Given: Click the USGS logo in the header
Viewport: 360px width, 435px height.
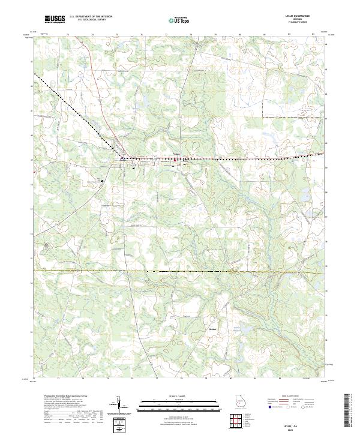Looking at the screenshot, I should (x=55, y=19).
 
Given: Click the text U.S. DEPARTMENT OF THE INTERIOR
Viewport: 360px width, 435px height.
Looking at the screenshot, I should (x=91, y=17).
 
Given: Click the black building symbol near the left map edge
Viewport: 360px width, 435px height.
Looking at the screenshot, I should (x=46, y=244).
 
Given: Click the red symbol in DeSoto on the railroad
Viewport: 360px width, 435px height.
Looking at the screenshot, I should (x=175, y=159).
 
